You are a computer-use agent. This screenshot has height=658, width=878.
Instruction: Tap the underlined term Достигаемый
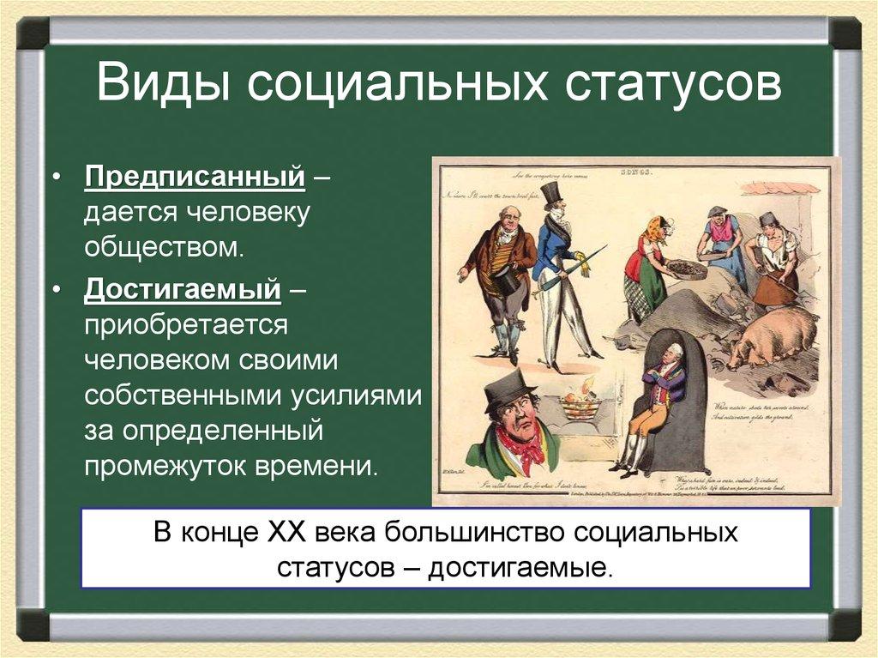pyautogui.click(x=183, y=290)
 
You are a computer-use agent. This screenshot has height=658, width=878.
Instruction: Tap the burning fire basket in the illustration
pyautogui.click(x=580, y=401)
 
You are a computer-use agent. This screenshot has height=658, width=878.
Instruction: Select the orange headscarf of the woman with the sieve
pyautogui.click(x=657, y=228)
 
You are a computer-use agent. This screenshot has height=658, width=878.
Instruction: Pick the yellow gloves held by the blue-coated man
pyautogui.click(x=584, y=263)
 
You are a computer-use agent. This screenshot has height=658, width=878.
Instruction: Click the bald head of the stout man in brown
pyautogui.click(x=508, y=215)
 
